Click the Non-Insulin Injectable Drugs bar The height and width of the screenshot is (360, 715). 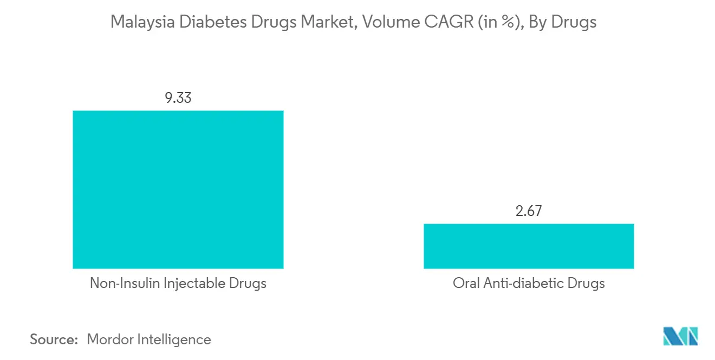178,189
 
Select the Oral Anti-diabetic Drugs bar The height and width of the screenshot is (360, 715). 528,246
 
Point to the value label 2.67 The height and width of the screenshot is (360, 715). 528,211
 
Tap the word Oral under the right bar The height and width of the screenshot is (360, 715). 464,283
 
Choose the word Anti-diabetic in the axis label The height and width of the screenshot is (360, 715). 521,283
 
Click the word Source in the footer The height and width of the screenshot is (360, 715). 54,339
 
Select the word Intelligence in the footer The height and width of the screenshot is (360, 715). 177,339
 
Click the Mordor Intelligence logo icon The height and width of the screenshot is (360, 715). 681,336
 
